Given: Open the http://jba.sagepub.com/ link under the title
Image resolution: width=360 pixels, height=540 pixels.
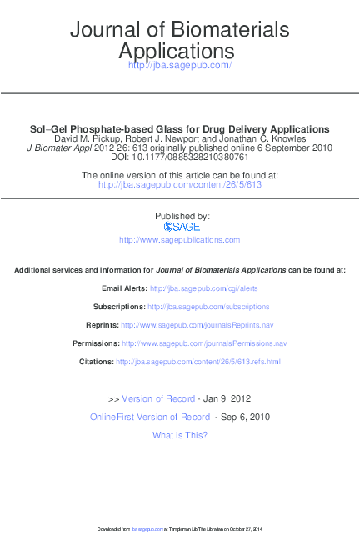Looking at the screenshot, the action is pos(179,65).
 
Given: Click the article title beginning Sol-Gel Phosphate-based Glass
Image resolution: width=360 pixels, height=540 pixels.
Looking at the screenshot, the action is pos(179,129).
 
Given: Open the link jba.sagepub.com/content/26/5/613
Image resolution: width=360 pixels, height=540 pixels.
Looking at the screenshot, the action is pos(180,184).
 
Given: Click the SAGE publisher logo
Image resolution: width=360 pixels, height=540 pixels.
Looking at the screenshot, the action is pos(179,227).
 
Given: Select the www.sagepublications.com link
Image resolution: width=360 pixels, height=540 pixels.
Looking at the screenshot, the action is pos(179,239).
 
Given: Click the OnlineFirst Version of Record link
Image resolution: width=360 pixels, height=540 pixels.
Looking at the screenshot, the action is pos(150,417).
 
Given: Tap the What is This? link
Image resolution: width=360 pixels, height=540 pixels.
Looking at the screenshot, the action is pos(180,435).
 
